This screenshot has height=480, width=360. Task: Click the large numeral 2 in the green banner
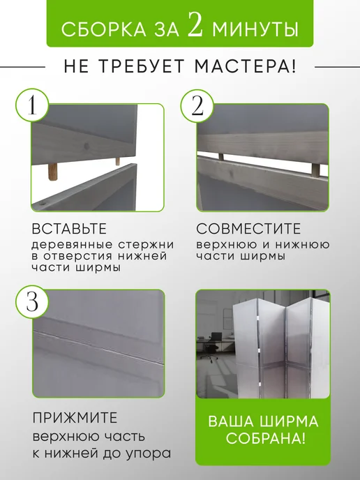coord(195,24)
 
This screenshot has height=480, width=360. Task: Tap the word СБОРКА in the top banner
coord(104,30)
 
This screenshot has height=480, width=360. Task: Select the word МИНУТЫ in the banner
coord(255,30)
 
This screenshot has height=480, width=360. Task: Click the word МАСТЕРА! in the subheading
coord(246,66)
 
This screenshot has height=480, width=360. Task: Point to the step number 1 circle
coord(32,105)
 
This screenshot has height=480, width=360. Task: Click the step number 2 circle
coord(197,106)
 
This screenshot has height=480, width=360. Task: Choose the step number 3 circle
coord(32,302)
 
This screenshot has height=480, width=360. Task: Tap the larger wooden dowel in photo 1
coord(52,172)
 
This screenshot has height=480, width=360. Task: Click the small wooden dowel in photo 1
coord(117,161)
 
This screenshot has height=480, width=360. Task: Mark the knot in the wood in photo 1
coord(87,147)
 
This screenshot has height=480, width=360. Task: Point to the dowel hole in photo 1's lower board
coord(43,202)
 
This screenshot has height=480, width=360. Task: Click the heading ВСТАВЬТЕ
coord(69,229)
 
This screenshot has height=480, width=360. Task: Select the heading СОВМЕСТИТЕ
coord(248,229)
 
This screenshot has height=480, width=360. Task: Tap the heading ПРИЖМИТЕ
coord(75,418)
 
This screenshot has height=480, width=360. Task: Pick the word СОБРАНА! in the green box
coord(266,438)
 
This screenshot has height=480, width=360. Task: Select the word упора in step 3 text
coord(152,453)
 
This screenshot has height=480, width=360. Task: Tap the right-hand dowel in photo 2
coord(315,170)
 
